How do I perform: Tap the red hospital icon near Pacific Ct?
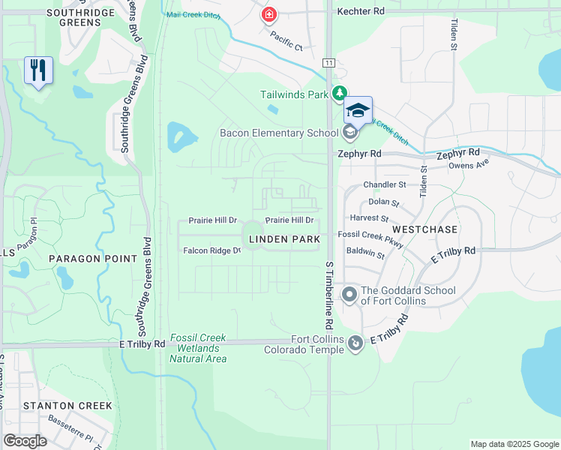click(x=268, y=14)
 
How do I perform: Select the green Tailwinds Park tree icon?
click(x=340, y=93)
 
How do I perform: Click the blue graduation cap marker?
click(x=358, y=110)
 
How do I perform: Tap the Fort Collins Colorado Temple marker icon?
click(x=355, y=343)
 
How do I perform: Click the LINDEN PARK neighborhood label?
click(x=284, y=239)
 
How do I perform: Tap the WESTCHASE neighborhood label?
click(x=424, y=228)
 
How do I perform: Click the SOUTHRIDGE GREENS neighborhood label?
click(x=73, y=17)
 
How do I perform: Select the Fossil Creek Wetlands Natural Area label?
click(x=197, y=348)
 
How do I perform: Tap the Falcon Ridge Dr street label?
click(x=211, y=250)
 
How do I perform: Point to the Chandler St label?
click(x=384, y=184)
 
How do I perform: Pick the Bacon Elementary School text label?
click(x=279, y=133)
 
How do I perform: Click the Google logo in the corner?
click(x=25, y=440)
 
